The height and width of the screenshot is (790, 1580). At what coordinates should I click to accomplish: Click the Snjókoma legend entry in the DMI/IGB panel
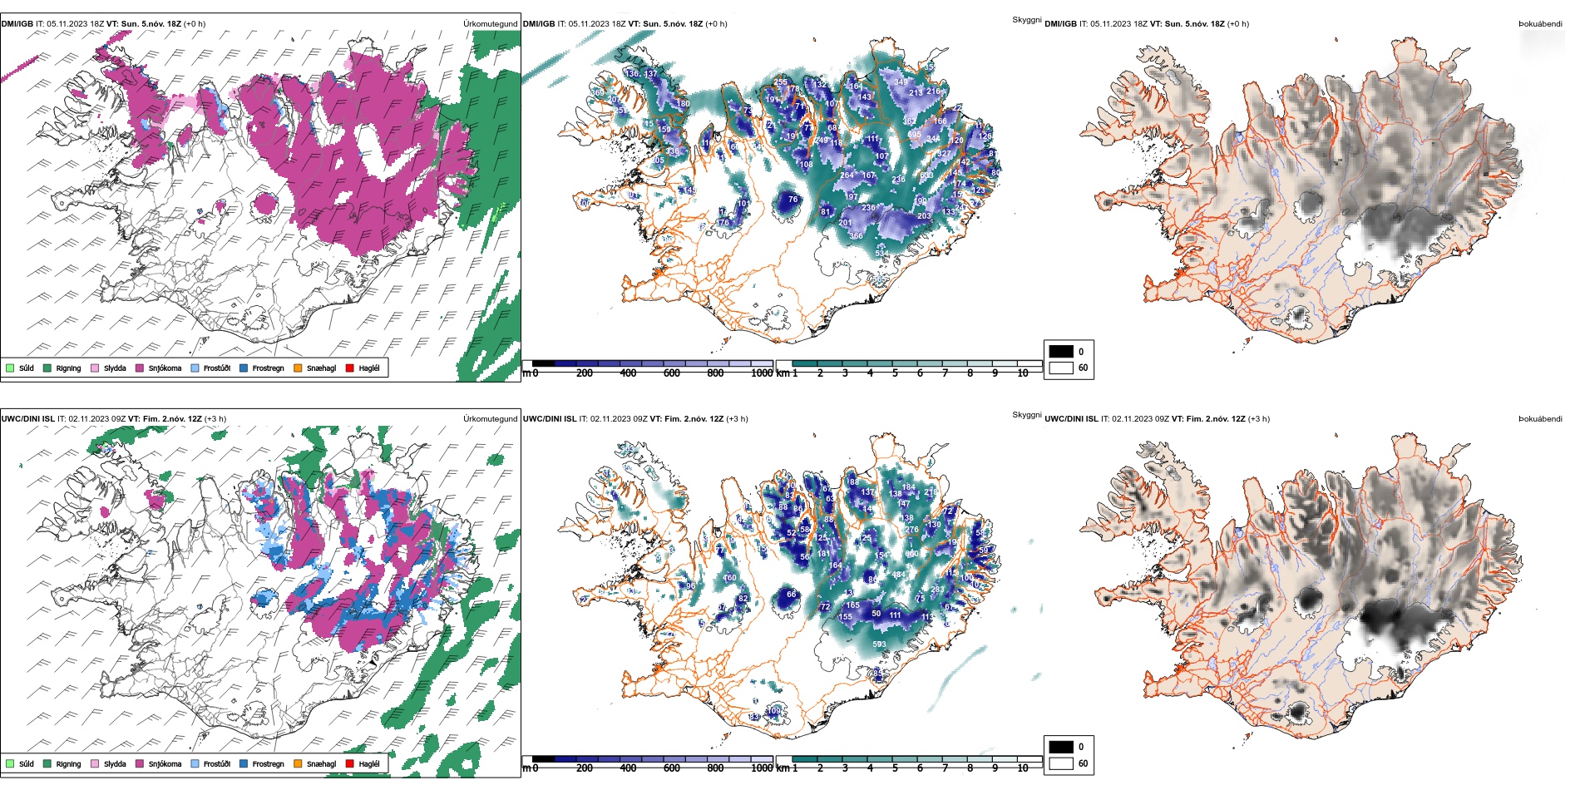tap(165, 368)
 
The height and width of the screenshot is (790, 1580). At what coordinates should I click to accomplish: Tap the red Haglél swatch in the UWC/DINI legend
tap(350, 763)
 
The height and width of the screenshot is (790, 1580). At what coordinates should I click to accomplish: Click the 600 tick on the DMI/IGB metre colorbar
tap(671, 373)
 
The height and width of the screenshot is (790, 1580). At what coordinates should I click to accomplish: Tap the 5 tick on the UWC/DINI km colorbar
tap(895, 768)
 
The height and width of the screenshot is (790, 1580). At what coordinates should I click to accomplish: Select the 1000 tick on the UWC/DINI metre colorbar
tap(762, 768)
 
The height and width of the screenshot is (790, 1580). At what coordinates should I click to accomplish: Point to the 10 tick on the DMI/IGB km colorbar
tap(1023, 373)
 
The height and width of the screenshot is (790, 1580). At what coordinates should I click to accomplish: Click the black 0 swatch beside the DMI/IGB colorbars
tap(1061, 351)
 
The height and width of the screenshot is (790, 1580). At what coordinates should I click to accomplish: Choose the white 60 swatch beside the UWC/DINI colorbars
tap(1061, 763)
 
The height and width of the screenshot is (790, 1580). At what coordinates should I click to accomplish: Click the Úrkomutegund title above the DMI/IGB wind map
tap(490, 24)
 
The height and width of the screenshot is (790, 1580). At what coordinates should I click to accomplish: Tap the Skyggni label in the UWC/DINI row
tap(1026, 415)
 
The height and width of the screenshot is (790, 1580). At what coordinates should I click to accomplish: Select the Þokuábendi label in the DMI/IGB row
tap(1540, 24)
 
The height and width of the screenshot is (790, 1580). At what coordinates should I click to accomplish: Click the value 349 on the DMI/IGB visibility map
tap(901, 82)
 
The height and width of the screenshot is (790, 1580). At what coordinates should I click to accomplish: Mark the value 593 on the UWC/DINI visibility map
tap(879, 644)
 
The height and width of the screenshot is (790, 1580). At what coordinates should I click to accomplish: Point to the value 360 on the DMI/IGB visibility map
tap(856, 236)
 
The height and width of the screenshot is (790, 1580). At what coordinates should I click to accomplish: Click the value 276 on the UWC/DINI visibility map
tap(911, 530)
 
